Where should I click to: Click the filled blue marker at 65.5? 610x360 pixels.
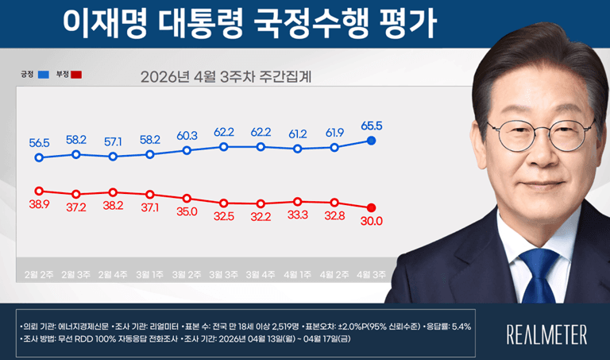coord(371,141)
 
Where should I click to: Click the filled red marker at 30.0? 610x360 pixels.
coord(371,208)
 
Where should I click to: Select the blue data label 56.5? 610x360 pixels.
coord(40,143)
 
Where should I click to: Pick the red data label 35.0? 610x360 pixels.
coord(187,212)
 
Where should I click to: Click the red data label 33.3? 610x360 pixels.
coord(297,215)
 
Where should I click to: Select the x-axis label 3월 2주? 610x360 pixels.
coord(187,274)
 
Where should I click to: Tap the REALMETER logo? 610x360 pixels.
coord(546,334)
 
